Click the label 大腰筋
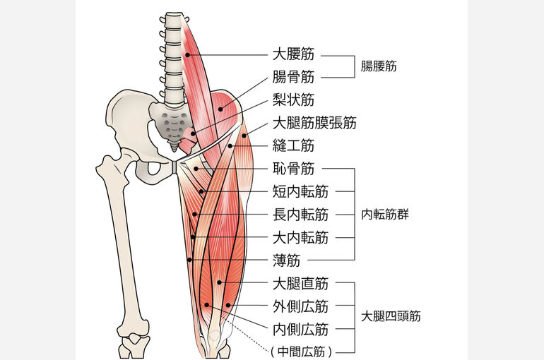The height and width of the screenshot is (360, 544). pos(293,54)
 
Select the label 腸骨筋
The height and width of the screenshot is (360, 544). pos(293,77)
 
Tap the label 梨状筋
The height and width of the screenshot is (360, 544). pos(293,100)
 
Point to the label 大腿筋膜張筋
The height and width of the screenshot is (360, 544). pos(314,123)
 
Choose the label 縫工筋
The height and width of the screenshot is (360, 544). pos(293,145)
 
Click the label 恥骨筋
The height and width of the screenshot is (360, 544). pos(293,169)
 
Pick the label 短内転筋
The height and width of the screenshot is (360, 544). pos(300,191)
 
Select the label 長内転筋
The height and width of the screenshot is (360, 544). pos(300,215)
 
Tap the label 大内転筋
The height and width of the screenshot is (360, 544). pos(300,238)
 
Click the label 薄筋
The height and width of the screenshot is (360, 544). pos(287,260)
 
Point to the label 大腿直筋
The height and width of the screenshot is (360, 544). pos(300,283)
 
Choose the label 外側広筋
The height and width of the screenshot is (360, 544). pos(300,306)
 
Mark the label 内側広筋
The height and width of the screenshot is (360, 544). pos(300,329)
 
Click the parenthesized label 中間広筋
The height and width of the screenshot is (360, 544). pos(301,352)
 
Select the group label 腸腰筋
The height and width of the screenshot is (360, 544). pos(379,66)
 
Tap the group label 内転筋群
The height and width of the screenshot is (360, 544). pos(385,215)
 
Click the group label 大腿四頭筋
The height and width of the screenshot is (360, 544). pos(391,316)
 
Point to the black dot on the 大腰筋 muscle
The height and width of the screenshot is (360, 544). pos(187,55)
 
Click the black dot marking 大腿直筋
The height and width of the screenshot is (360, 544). pos(219,282)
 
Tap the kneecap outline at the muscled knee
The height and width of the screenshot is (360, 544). pos(214,335)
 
